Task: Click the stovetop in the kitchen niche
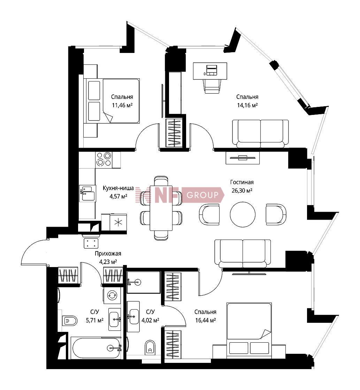(104, 159)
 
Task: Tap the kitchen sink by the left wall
(87, 193)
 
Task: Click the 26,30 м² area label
(242, 190)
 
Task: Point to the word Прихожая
(108, 253)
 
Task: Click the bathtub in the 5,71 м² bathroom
(96, 348)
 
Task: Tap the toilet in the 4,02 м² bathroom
(150, 347)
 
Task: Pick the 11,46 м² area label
(122, 105)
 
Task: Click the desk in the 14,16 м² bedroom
(210, 71)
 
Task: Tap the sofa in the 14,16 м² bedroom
(260, 134)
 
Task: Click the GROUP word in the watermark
(202, 195)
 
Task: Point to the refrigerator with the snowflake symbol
(118, 222)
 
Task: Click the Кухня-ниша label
(118, 188)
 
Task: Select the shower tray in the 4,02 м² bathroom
(143, 282)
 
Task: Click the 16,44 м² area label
(205, 320)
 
